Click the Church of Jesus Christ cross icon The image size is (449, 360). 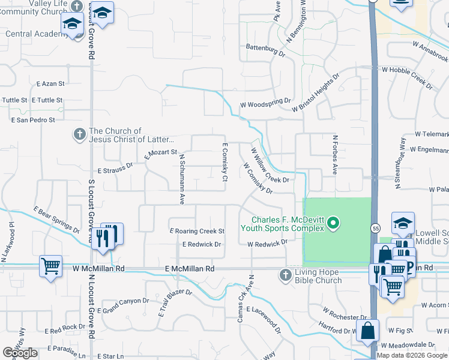(x=79, y=134)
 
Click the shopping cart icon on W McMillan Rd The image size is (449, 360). (x=50, y=265)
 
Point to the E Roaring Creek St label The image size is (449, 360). (x=197, y=231)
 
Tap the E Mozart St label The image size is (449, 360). (x=161, y=154)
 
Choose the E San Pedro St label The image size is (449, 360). (x=33, y=120)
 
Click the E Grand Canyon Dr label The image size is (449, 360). (x=125, y=306)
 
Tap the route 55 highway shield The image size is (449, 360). (x=375, y=229)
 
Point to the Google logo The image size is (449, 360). (x=20, y=353)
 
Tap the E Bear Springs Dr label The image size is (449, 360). (x=56, y=220)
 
